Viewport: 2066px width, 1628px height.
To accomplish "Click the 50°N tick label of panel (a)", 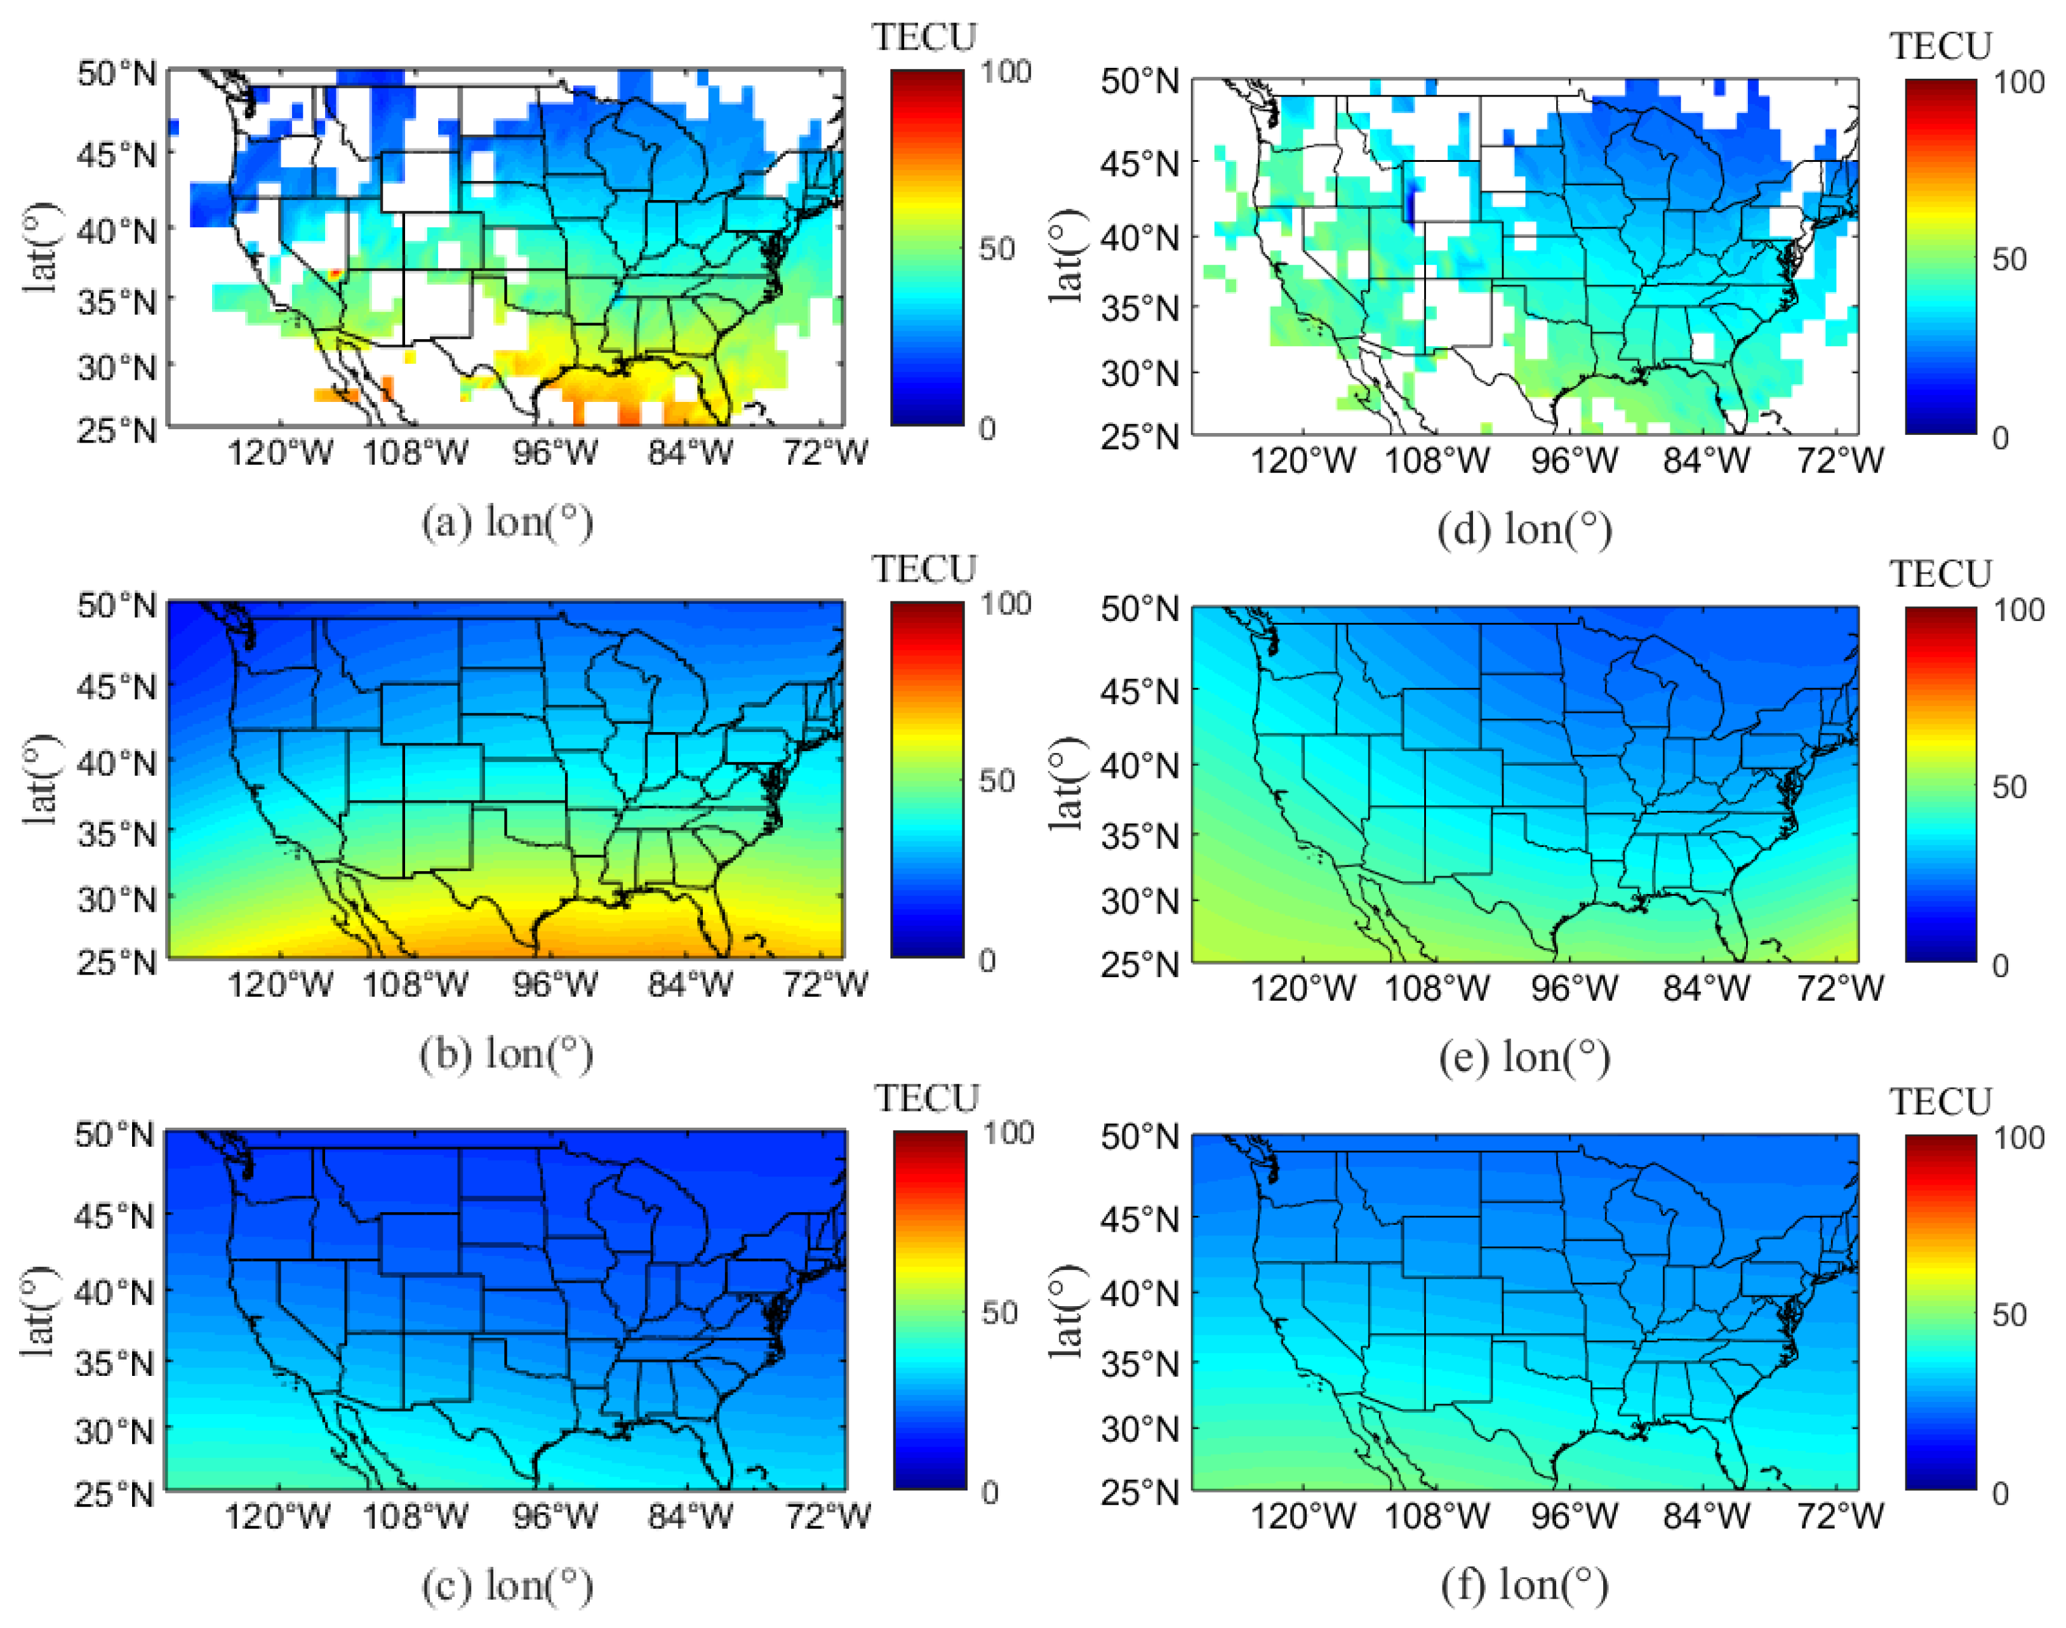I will [x=116, y=74].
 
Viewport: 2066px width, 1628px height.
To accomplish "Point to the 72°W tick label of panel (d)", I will [x=1839, y=462].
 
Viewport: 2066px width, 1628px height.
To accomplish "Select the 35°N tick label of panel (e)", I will [x=1139, y=837].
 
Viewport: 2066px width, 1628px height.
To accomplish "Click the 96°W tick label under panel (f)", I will [x=1573, y=1516].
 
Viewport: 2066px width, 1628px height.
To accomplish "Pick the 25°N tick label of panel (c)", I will [x=114, y=1493].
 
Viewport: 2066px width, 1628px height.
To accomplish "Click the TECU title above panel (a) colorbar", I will [x=924, y=38].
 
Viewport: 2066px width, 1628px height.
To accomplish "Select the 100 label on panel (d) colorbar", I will [x=2018, y=83].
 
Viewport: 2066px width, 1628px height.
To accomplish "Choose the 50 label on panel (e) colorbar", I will [x=2009, y=787].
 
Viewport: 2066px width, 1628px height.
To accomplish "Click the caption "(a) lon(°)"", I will [x=507, y=523].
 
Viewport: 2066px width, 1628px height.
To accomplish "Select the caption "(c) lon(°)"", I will [x=507, y=1585].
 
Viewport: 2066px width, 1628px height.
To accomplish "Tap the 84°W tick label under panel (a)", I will [x=690, y=453].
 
